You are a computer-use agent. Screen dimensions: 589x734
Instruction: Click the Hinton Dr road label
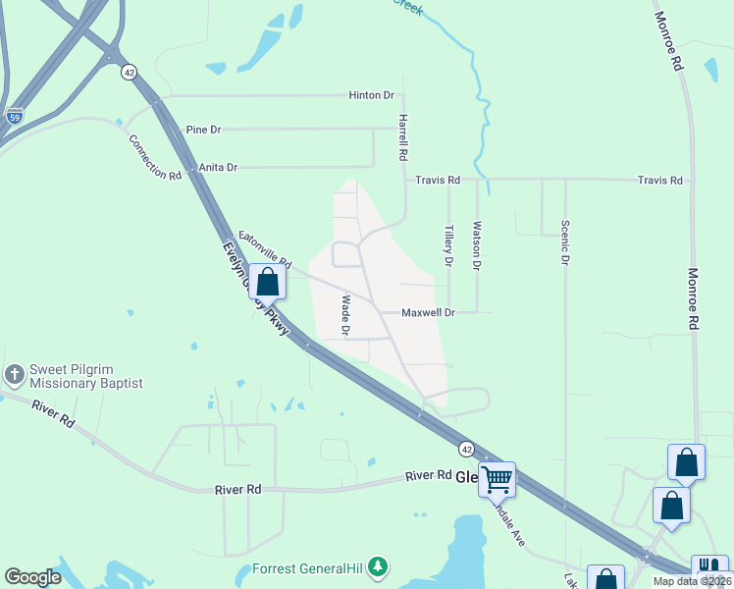click(371, 95)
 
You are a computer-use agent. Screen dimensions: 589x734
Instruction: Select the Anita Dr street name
click(218, 168)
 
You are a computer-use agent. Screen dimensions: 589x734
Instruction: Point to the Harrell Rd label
click(402, 136)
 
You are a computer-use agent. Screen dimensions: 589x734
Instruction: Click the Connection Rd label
click(155, 157)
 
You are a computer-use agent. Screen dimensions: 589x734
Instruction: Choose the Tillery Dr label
click(448, 246)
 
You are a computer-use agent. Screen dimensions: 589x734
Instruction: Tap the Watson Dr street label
click(477, 245)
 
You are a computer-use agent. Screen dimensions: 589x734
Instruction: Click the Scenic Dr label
click(565, 241)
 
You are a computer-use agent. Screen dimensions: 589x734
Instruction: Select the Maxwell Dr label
click(429, 313)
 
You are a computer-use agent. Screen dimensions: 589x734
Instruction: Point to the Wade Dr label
click(345, 315)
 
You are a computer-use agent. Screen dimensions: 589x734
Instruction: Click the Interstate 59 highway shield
click(14, 116)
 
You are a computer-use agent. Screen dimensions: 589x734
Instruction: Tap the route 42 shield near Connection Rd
click(129, 72)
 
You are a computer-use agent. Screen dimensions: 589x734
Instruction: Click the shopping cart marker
click(497, 480)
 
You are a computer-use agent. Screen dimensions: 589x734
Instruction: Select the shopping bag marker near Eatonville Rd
click(267, 282)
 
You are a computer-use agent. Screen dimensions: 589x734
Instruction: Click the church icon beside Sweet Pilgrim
click(14, 374)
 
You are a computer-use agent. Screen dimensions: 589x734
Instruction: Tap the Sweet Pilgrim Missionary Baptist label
click(86, 375)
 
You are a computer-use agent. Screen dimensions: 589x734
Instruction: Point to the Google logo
click(32, 577)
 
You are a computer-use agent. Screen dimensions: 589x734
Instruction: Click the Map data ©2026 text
click(692, 581)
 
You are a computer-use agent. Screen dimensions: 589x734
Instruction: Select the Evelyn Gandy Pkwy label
click(257, 290)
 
